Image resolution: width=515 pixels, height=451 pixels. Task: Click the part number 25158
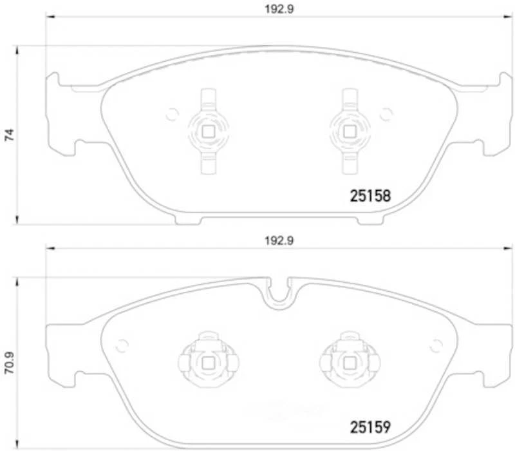370,196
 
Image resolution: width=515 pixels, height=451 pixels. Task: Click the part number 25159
370,427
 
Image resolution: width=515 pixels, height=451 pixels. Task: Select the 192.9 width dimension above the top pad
279,9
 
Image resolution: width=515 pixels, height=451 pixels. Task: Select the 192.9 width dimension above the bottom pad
279,241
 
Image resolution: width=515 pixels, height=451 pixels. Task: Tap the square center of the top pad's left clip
208,132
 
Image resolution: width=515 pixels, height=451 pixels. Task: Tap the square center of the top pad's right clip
349,132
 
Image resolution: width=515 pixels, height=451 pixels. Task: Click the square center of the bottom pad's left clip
208,363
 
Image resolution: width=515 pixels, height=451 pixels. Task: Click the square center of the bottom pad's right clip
349,363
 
